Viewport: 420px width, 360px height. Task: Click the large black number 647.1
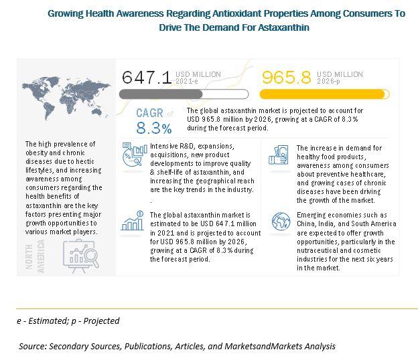pyautogui.click(x=147, y=78)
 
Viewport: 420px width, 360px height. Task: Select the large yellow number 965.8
pyautogui.click(x=286, y=78)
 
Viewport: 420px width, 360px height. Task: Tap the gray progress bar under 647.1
pyautogui.click(x=184, y=94)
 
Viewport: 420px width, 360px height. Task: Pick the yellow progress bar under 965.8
pyautogui.click(x=325, y=94)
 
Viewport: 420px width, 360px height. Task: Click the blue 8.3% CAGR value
pyautogui.click(x=154, y=128)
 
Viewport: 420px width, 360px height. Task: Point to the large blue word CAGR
pyautogui.click(x=149, y=113)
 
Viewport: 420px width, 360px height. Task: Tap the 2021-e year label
pyautogui.click(x=187, y=81)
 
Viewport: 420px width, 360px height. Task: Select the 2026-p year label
pyautogui.click(x=328, y=81)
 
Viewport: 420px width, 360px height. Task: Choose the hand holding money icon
pyautogui.click(x=279, y=155)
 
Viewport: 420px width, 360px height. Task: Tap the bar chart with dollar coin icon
pyautogui.click(x=132, y=221)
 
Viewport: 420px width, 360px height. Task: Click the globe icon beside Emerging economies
pyautogui.click(x=281, y=221)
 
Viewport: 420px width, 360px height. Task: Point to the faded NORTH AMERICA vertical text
pyautogui.click(x=35, y=256)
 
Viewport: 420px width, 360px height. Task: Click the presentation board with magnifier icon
pyautogui.click(x=81, y=256)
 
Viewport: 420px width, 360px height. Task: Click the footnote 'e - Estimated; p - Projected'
pyautogui.click(x=68, y=321)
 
